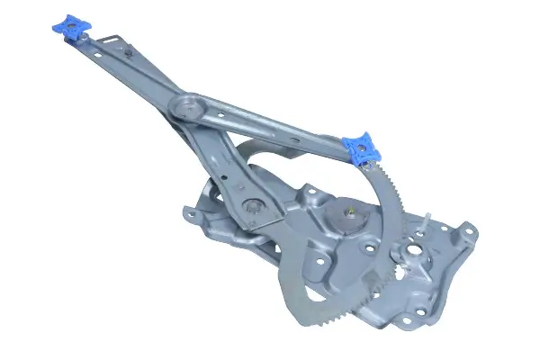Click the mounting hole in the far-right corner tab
(468, 235)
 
